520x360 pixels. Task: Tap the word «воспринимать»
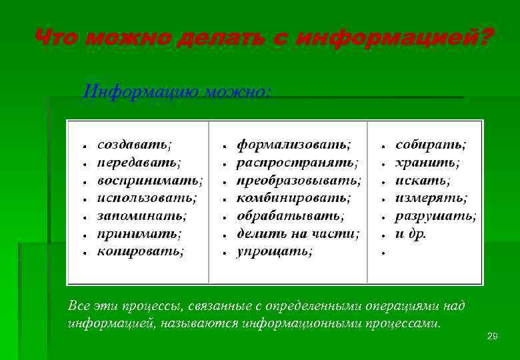pyautogui.click(x=149, y=180)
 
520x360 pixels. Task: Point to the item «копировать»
pyautogui.click(x=139, y=251)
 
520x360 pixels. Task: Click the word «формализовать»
pyautogui.click(x=293, y=144)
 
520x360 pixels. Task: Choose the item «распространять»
pyautogui.click(x=296, y=162)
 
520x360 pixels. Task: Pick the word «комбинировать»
pyautogui.click(x=293, y=198)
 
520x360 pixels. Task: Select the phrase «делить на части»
pyautogui.click(x=297, y=233)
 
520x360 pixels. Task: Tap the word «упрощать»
pyautogui.click(x=273, y=251)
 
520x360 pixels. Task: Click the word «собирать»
pyautogui.click(x=429, y=144)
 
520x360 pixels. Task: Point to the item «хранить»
pyautogui.click(x=427, y=162)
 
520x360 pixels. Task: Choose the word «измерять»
pyautogui.click(x=430, y=198)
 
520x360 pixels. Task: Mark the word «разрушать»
pyautogui.click(x=435, y=216)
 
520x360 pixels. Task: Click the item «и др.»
pyautogui.click(x=411, y=233)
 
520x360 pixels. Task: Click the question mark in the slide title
pyautogui.click(x=484, y=38)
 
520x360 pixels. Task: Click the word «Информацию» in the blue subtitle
pyautogui.click(x=128, y=91)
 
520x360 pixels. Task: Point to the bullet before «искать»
pyautogui.click(x=384, y=181)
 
